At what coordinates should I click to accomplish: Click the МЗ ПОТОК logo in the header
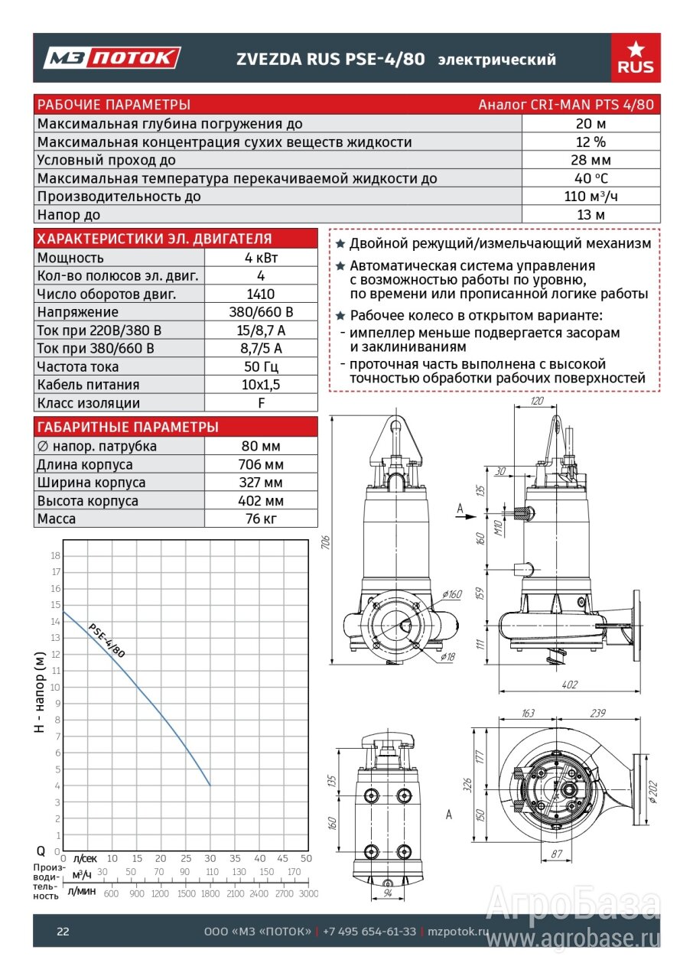click(x=112, y=58)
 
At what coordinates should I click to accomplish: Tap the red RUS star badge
click(x=636, y=58)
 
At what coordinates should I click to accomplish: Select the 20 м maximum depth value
click(x=591, y=124)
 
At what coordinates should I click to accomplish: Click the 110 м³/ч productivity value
click(x=591, y=197)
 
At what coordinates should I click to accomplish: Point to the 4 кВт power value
click(x=262, y=258)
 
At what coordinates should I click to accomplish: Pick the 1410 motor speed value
click(x=262, y=294)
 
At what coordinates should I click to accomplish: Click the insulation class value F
click(x=262, y=403)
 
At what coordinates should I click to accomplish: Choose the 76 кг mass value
click(x=262, y=519)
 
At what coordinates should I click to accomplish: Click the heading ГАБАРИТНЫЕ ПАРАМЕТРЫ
click(x=128, y=427)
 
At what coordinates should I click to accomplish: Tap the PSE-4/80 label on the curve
click(x=106, y=640)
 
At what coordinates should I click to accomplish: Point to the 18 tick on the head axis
click(x=55, y=555)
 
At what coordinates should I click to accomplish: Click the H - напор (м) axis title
click(x=40, y=692)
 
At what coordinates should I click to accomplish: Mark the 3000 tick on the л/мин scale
click(x=308, y=893)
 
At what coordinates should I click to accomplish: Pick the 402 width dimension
click(x=570, y=685)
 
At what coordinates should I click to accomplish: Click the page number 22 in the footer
click(x=63, y=932)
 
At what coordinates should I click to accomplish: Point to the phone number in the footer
click(x=369, y=932)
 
